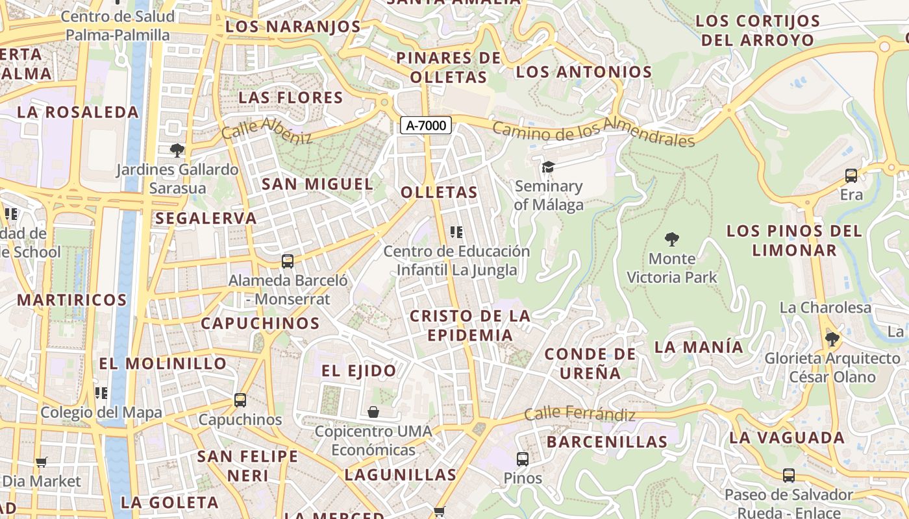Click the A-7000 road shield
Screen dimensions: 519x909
[x=426, y=126]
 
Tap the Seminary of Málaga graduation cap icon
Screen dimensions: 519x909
[x=548, y=167]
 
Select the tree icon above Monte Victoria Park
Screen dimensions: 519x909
[x=672, y=239]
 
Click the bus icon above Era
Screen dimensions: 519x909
[x=851, y=176]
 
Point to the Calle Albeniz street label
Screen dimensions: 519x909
[x=267, y=130]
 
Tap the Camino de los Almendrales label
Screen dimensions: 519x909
[x=593, y=132]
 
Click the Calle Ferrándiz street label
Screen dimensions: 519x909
[x=580, y=414]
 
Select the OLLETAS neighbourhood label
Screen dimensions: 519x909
[x=439, y=193]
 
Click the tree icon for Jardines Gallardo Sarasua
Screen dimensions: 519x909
[x=176, y=151]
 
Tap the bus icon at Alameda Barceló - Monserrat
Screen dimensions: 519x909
[x=288, y=261]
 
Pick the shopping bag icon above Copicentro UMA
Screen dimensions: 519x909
[x=373, y=412]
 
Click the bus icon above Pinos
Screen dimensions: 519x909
[x=522, y=459]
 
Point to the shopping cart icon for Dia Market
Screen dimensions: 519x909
[x=42, y=463]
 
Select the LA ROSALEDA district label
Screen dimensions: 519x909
[x=78, y=112]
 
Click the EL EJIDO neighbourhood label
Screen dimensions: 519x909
[x=358, y=371]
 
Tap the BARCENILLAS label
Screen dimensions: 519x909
[x=606, y=442]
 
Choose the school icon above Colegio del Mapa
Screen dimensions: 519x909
[x=101, y=393]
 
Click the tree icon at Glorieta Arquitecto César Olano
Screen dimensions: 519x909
[x=832, y=339]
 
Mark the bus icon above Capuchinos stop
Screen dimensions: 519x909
[x=240, y=400]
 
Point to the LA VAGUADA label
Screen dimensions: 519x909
[x=786, y=438]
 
